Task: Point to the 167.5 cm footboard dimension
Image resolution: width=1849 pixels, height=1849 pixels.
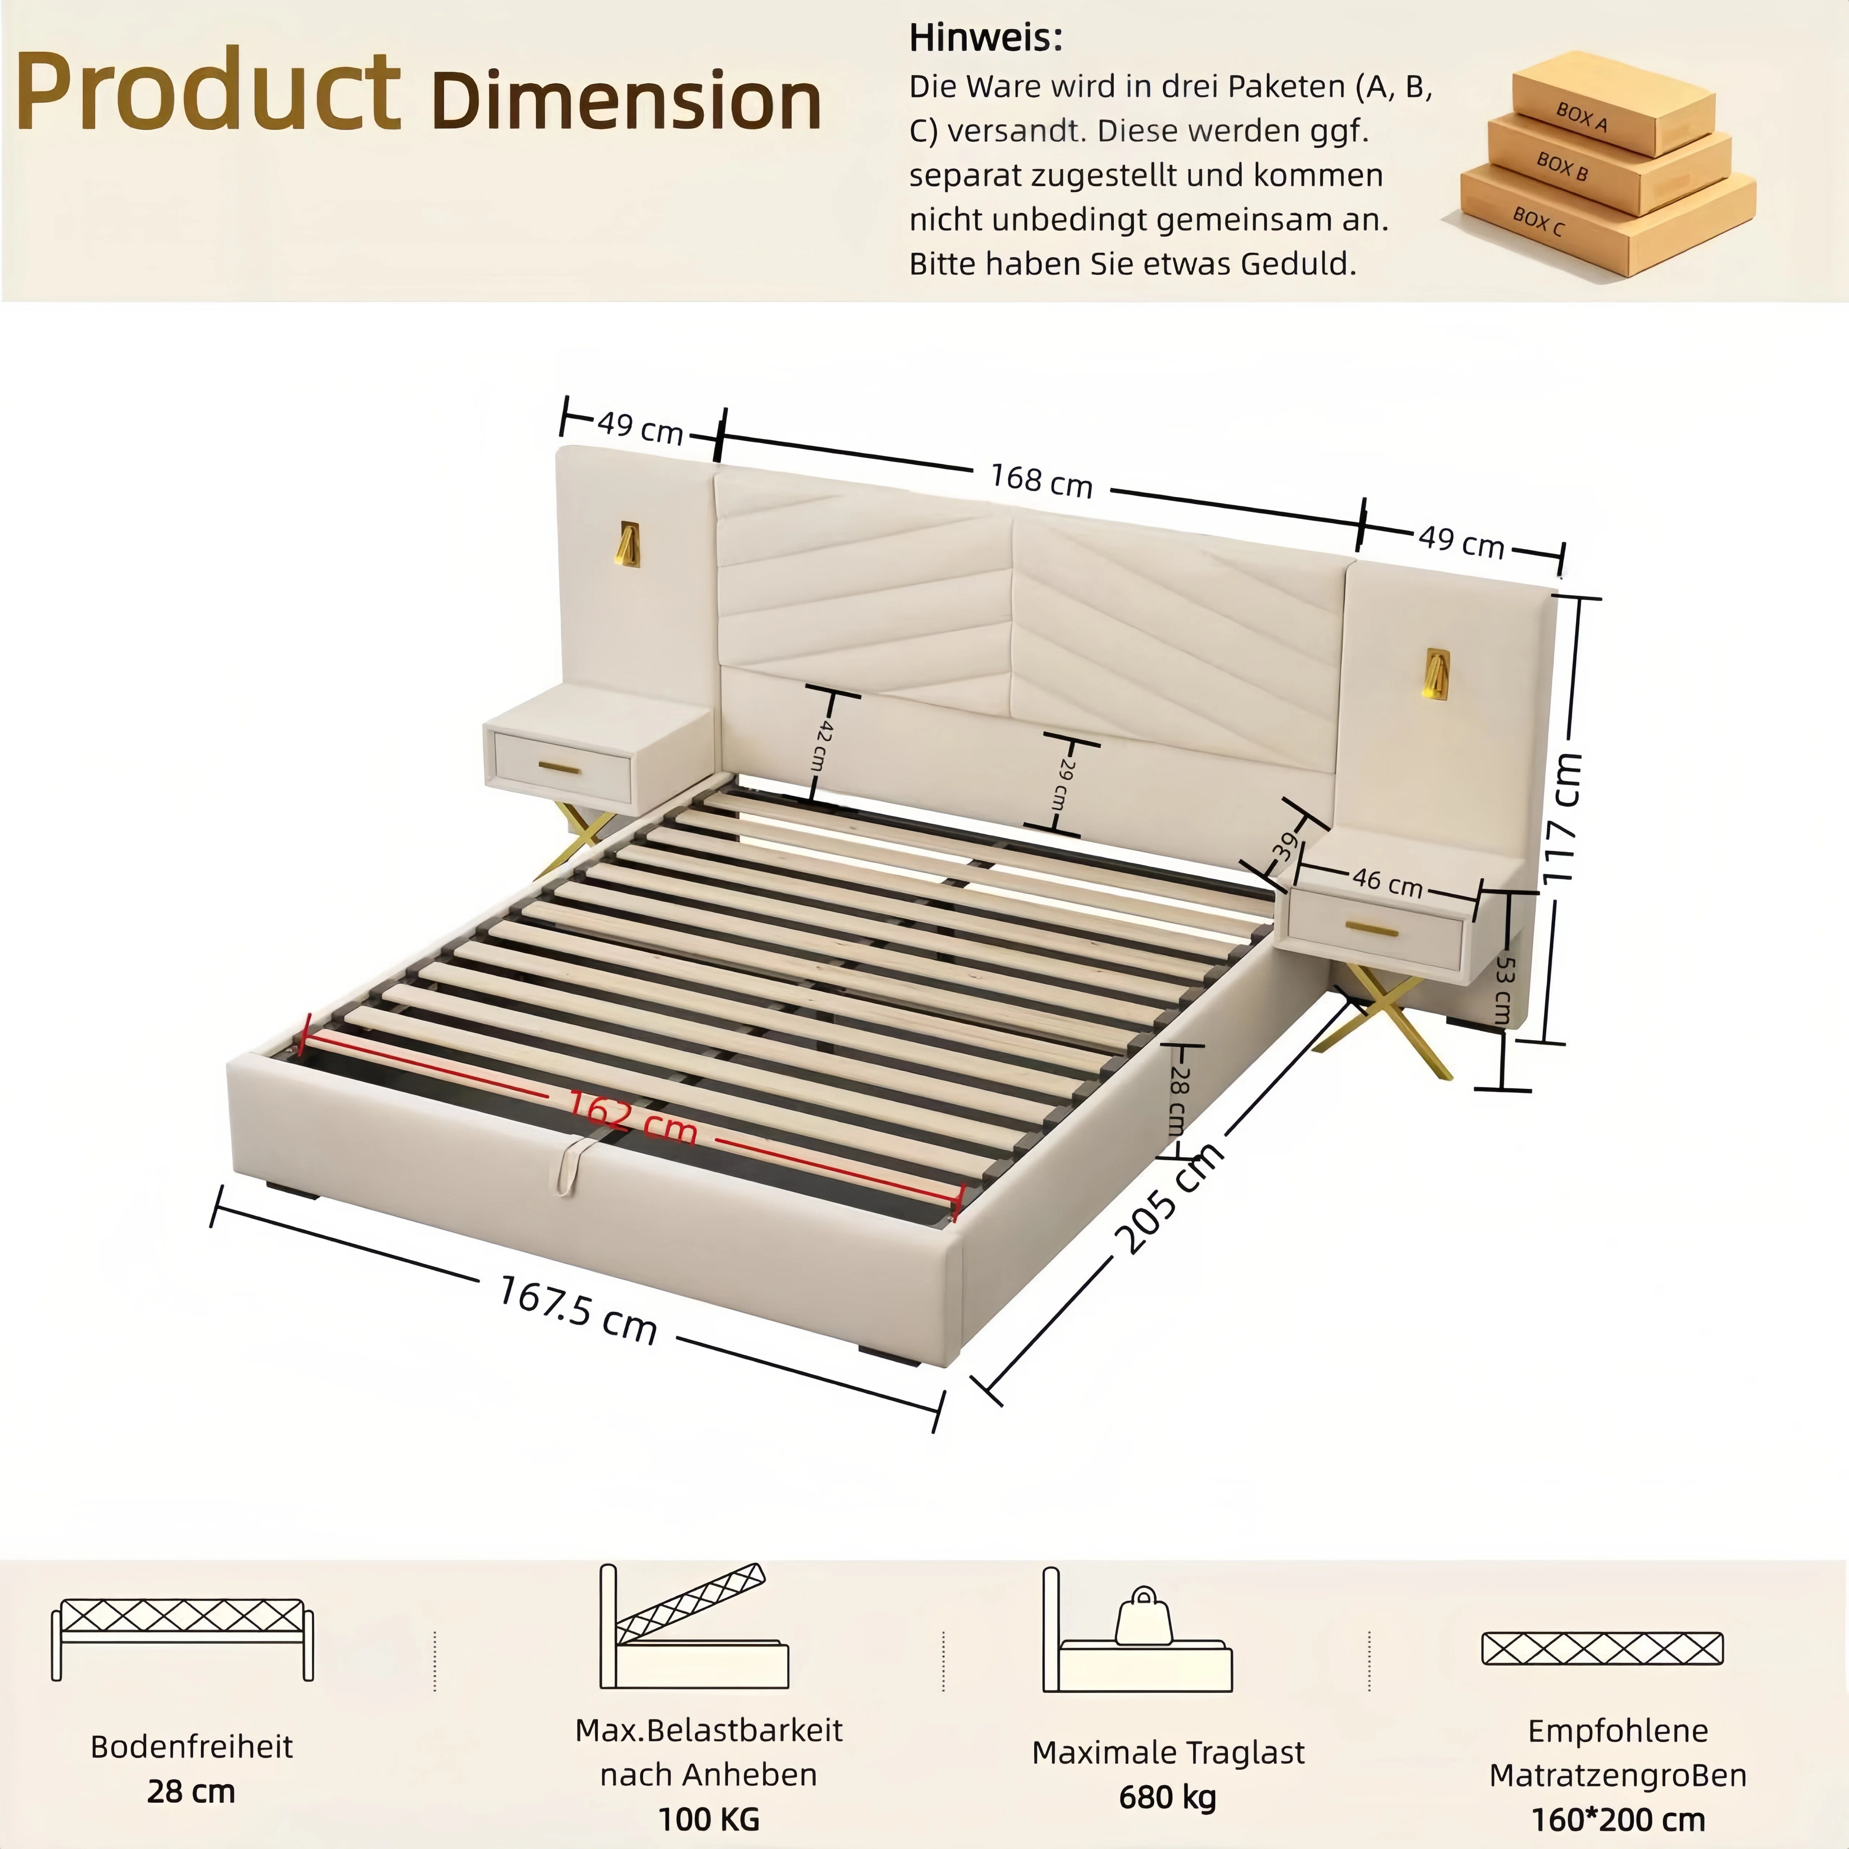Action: [578, 1309]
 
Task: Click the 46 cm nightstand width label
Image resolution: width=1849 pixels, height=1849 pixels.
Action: [1387, 882]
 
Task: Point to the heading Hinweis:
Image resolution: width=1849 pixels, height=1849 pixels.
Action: [986, 38]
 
